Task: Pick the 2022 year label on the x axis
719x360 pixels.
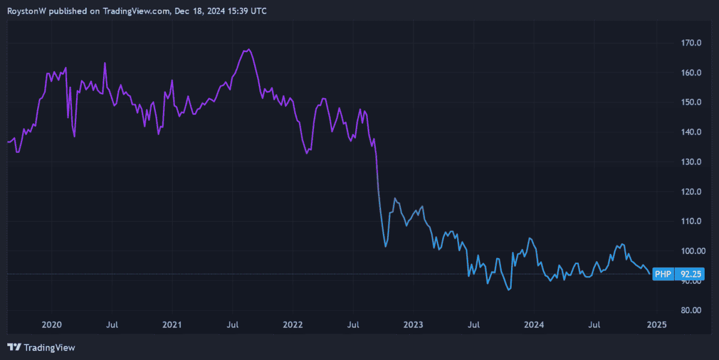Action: point(293,325)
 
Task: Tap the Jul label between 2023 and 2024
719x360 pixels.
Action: point(474,325)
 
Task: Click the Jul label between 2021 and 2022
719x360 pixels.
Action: point(233,325)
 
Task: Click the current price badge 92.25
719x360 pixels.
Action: point(687,274)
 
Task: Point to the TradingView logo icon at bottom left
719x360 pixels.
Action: point(14,347)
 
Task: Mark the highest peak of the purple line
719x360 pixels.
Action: point(248,49)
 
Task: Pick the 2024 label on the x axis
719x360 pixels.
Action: point(534,325)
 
